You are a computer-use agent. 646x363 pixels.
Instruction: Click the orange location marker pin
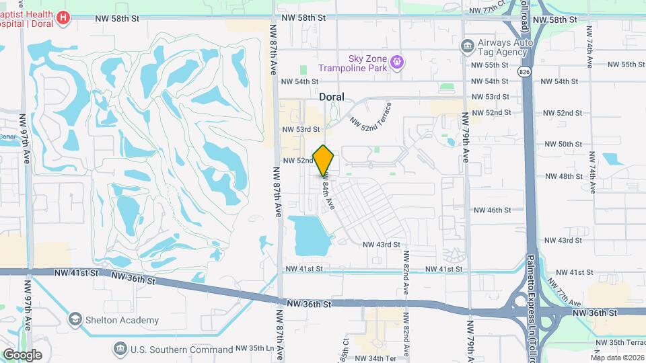coord(324,160)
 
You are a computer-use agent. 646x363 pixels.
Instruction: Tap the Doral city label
coord(331,97)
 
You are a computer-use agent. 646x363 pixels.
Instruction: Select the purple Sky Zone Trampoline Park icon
coord(398,63)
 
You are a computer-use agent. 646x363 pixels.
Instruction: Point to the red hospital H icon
coord(63,17)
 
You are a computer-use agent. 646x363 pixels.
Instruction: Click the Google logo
coord(22,354)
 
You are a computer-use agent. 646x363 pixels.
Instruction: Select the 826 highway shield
coord(523,70)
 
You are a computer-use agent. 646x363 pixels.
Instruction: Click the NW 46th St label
coord(493,210)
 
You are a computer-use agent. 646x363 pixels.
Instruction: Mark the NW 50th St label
coord(562,145)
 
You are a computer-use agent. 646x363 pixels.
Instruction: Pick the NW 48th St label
coord(562,176)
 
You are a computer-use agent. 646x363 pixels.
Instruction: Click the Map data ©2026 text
coord(617,358)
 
